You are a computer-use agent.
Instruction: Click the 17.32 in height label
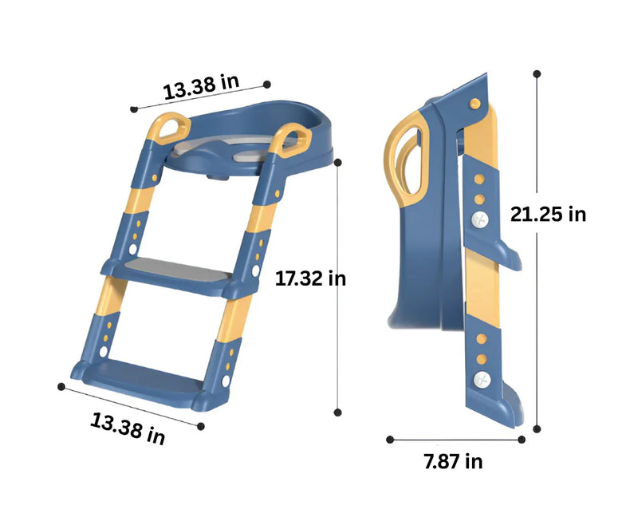[310, 278]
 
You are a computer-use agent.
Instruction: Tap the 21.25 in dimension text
[548, 215]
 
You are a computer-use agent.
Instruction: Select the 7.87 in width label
[453, 461]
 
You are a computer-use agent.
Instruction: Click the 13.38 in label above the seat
[201, 87]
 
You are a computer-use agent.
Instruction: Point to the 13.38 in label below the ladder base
[128, 428]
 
